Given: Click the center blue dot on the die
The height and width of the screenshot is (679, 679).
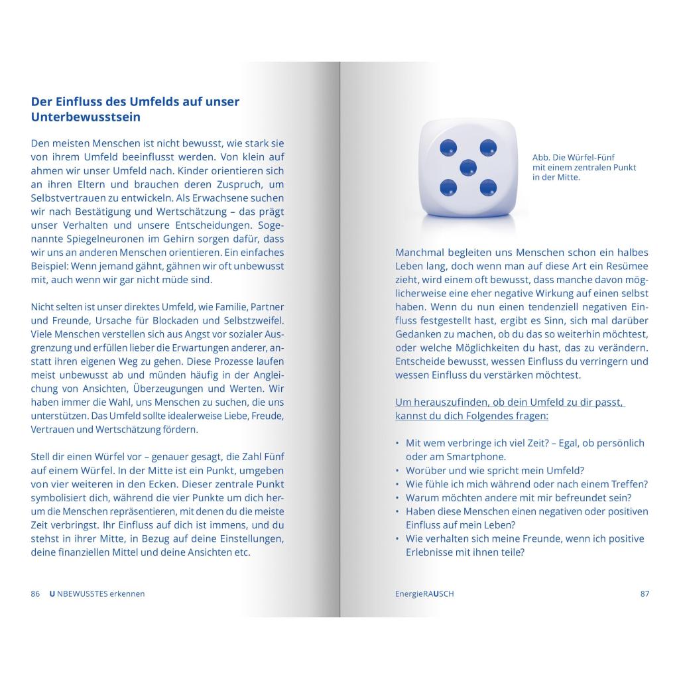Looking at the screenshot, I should [x=468, y=167].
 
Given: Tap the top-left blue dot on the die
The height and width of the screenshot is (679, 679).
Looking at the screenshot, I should [x=448, y=147].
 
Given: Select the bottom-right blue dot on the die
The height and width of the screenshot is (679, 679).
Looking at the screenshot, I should [x=488, y=188].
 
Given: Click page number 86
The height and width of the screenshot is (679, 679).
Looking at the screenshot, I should [x=36, y=593].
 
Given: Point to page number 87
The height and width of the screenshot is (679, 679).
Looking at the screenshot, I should [x=645, y=593].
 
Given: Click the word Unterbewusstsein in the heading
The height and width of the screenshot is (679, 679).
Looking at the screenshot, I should [x=86, y=117].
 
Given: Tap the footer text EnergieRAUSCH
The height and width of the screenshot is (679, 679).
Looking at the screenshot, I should [x=424, y=593].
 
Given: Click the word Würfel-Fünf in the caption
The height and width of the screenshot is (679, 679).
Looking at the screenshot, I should [x=593, y=158].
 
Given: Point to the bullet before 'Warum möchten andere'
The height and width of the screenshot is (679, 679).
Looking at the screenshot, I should [x=398, y=498].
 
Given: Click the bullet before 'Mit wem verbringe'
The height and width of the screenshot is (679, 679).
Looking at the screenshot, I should [x=398, y=444].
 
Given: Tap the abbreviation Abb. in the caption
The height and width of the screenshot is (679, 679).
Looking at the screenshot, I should [x=540, y=158].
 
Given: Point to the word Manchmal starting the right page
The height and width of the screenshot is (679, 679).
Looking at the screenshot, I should [x=422, y=253].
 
